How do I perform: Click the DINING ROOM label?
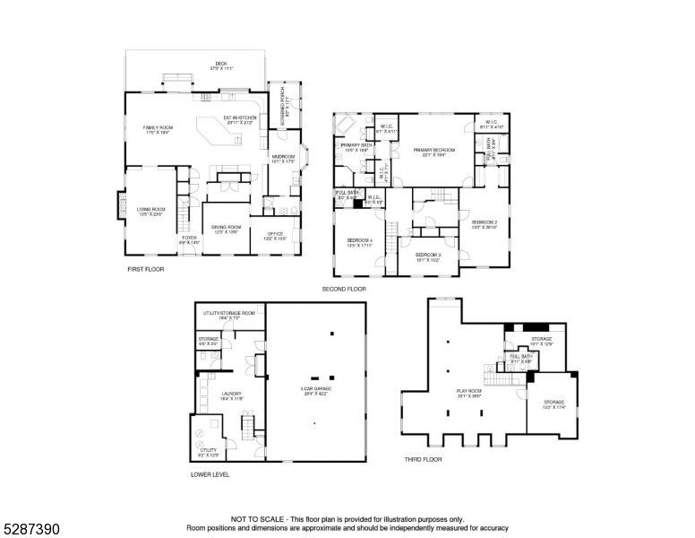227,229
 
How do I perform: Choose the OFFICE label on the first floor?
274,236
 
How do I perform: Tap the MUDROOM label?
283,158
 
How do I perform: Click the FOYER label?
190,239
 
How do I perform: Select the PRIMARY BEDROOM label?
434,152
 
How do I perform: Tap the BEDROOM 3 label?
427,256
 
